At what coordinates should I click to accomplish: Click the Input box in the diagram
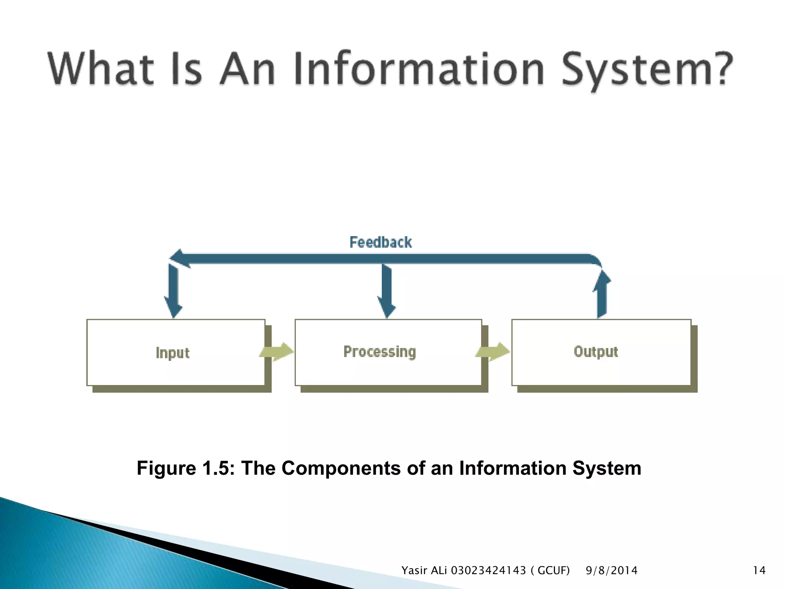pyautogui.click(x=176, y=352)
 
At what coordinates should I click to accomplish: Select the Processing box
pyautogui.click(x=388, y=352)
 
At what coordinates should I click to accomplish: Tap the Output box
pyautogui.click(x=601, y=352)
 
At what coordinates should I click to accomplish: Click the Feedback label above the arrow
pyautogui.click(x=381, y=242)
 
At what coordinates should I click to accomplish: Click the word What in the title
pyautogui.click(x=101, y=69)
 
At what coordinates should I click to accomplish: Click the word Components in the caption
pyautogui.click(x=340, y=468)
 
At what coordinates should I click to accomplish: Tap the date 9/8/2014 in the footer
pyautogui.click(x=611, y=571)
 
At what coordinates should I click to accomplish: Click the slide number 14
pyautogui.click(x=759, y=571)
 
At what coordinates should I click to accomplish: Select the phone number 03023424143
pyautogui.click(x=488, y=571)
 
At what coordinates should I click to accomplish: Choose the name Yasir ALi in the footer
pyautogui.click(x=424, y=571)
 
